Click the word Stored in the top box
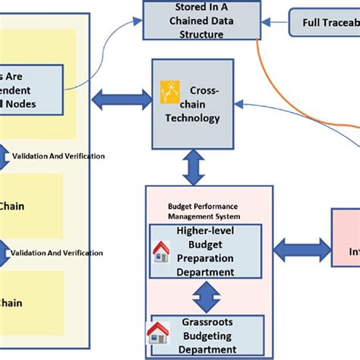coord(176,9)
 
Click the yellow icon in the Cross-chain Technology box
coord(169,93)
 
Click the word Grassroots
coord(208,321)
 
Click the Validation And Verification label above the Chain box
coord(58,156)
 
